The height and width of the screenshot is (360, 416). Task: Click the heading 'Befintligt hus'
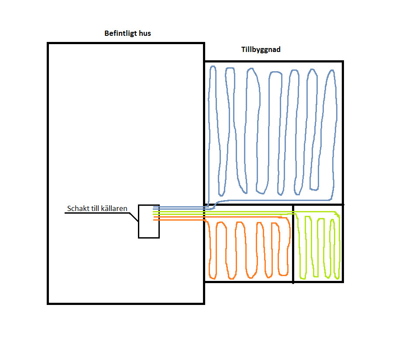point(127,33)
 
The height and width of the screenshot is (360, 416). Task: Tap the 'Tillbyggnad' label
point(261,50)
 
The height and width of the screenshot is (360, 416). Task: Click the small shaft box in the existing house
point(148,227)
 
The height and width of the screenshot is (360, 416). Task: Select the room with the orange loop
point(248,249)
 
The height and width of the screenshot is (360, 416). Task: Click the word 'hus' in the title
point(144,33)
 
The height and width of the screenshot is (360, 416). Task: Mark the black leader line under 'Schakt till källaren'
point(96,213)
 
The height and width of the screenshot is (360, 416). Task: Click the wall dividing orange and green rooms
point(293,249)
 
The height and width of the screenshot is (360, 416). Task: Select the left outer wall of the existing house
point(48,175)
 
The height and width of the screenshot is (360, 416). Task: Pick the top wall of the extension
point(274,62)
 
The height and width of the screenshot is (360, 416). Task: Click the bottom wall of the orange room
point(248,281)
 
